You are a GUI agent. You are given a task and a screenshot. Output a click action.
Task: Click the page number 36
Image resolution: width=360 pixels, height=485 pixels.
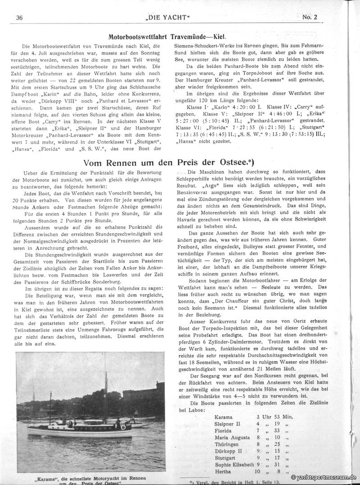point(19,18)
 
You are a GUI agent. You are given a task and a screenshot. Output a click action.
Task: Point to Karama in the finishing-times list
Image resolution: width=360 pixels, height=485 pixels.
point(224,417)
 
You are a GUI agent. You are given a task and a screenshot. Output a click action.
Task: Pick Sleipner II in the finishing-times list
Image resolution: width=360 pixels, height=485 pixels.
point(228,424)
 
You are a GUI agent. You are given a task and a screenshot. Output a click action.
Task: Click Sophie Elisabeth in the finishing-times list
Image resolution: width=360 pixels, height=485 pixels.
point(235,464)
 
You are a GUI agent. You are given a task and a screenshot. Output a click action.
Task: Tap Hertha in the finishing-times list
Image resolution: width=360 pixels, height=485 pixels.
point(224,471)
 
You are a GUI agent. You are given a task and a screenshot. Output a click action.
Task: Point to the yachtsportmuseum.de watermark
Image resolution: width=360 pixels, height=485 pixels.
point(324,477)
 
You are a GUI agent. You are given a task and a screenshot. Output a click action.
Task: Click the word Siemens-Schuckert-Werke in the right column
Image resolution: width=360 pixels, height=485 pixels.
point(204,45)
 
